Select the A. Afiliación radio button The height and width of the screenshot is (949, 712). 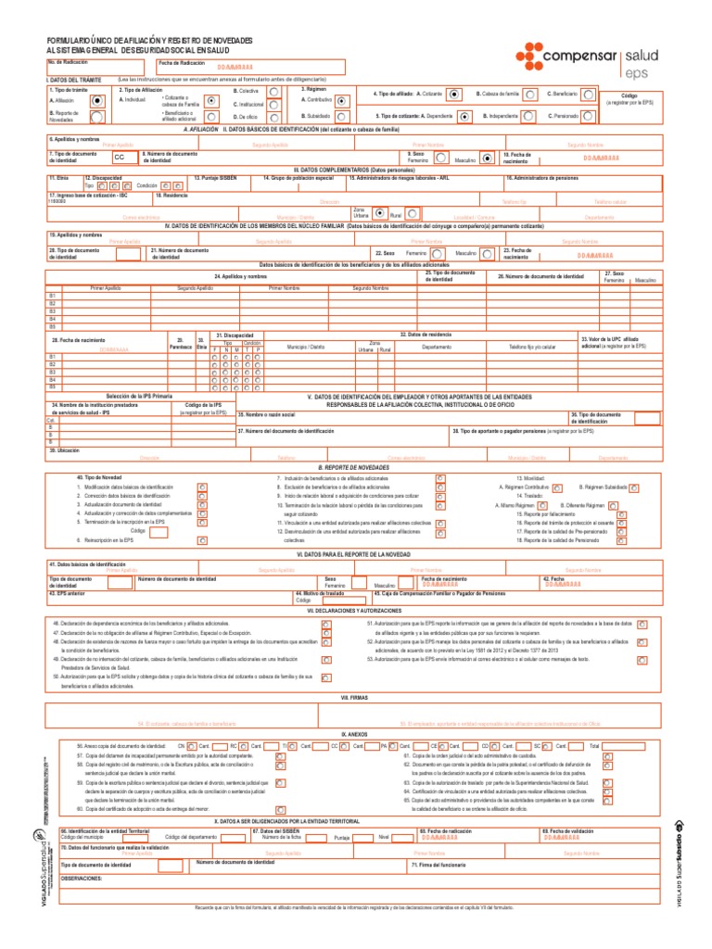tap(97, 99)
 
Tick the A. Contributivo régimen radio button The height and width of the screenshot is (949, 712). tap(342, 99)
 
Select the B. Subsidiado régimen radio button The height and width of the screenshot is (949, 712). tap(342, 116)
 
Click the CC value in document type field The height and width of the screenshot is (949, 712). tap(119, 158)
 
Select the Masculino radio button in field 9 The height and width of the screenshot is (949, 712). tap(488, 158)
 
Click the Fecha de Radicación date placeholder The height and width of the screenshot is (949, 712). tap(234, 69)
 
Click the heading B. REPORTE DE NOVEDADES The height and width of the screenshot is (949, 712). tap(356, 468)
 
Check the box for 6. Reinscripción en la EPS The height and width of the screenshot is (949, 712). tap(202, 539)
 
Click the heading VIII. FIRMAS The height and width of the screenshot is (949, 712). tap(356, 670)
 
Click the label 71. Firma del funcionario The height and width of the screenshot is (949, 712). tap(439, 864)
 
